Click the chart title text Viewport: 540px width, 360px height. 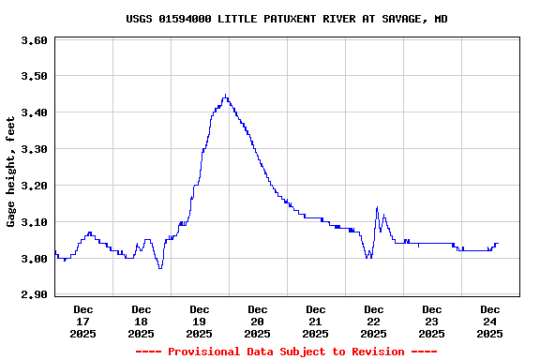pyautogui.click(x=287, y=19)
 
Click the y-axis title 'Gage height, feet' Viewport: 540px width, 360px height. pyautogui.click(x=11, y=172)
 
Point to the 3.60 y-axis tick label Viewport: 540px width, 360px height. pyautogui.click(x=34, y=40)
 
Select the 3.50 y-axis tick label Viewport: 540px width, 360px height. pyautogui.click(x=34, y=76)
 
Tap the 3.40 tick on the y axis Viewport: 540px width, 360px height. pyautogui.click(x=34, y=112)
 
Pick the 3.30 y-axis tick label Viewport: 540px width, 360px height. pyautogui.click(x=34, y=149)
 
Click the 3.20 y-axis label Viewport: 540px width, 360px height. pyautogui.click(x=34, y=186)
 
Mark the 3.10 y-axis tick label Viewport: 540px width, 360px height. pyautogui.click(x=34, y=222)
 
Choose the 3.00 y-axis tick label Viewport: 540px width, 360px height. pyautogui.click(x=34, y=259)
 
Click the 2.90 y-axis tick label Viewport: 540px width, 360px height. pyautogui.click(x=34, y=294)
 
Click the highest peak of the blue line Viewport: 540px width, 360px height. pyautogui.click(x=225, y=95)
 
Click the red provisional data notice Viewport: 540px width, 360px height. pyautogui.click(x=287, y=352)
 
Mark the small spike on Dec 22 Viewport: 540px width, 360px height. pyautogui.click(x=377, y=208)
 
